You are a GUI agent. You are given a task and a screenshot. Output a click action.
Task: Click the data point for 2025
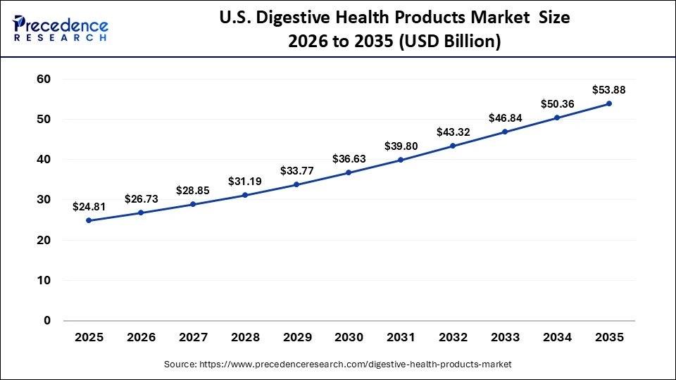(x=89, y=220)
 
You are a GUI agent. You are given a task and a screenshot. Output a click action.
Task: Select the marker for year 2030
(x=349, y=172)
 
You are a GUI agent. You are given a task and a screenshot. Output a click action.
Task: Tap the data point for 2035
(x=609, y=103)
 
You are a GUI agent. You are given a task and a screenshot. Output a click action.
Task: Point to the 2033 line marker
(x=505, y=132)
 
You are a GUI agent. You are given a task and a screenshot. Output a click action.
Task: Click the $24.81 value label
(x=89, y=207)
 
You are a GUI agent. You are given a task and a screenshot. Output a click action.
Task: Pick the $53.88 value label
(x=609, y=90)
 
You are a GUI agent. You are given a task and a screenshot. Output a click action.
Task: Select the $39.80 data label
(x=401, y=146)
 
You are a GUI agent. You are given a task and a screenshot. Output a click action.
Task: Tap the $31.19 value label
(x=244, y=181)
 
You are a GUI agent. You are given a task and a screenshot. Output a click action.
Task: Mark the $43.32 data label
(x=453, y=132)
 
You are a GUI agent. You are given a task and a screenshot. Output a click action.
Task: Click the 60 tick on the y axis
(x=43, y=80)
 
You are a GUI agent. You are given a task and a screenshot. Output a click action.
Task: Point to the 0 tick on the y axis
(x=47, y=321)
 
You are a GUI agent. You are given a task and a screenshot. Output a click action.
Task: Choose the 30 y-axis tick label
(x=43, y=200)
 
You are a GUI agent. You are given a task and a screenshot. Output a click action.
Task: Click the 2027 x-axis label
(x=192, y=338)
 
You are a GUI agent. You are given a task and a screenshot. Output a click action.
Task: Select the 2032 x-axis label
(x=453, y=338)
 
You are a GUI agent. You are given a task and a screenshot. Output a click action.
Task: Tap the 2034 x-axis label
(x=557, y=338)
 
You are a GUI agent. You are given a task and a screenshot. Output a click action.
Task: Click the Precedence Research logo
(x=61, y=29)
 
